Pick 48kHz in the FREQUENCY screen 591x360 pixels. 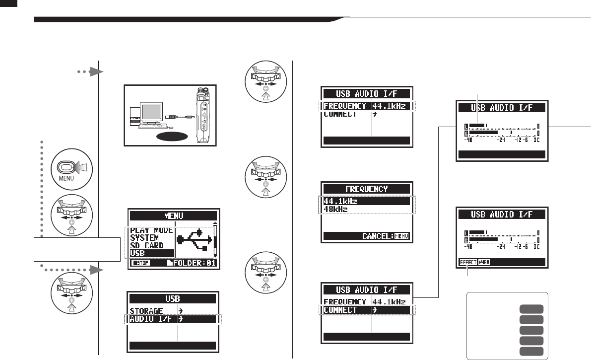(x=336, y=209)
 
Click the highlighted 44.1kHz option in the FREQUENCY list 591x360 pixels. (x=366, y=201)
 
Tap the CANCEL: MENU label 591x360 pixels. (x=385, y=236)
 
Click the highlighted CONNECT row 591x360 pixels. (x=366, y=310)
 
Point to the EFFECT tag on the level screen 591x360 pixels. (x=467, y=263)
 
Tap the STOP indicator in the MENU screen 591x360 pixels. (x=141, y=263)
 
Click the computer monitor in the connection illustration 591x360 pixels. (x=148, y=106)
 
